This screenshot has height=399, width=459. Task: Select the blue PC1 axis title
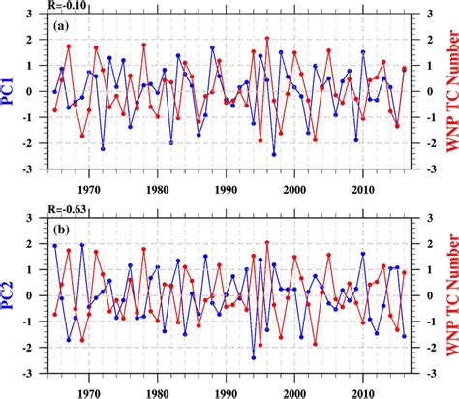[x=15, y=92]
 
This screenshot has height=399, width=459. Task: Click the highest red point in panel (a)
[x=267, y=39]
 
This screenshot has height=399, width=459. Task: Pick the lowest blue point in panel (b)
[x=254, y=357]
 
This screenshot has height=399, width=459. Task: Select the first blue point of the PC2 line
[x=55, y=246]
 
